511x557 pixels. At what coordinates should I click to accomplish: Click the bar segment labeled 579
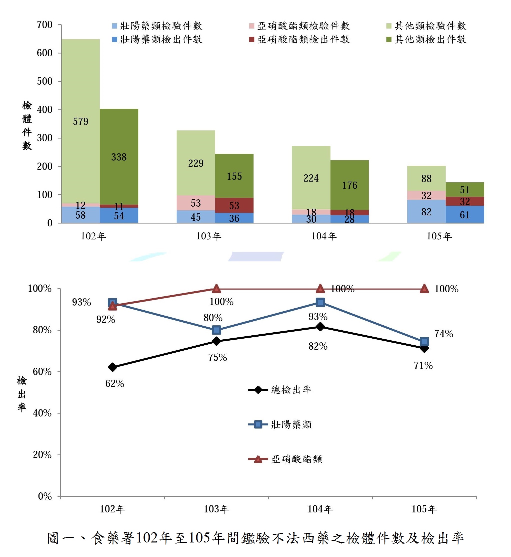coord(80,121)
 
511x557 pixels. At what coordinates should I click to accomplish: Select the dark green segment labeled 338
coord(119,157)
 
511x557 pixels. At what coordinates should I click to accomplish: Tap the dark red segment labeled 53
coord(234,205)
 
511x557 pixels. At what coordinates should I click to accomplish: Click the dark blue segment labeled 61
coord(464,215)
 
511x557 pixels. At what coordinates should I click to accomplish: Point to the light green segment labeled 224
coord(311,178)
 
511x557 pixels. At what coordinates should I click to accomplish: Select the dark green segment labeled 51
coord(464,190)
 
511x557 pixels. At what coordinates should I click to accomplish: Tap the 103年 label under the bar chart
coord(208,236)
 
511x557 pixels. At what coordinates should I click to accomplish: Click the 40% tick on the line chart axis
coord(42,413)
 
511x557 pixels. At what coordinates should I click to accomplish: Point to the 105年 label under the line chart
coord(424,509)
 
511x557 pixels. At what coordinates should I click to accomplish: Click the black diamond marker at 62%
coord(112,367)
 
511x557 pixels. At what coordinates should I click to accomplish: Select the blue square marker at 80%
coord(216,330)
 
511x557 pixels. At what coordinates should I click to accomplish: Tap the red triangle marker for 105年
coord(424,289)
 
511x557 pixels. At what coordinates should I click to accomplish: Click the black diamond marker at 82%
coord(320,327)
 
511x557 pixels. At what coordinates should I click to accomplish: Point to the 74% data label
coord(443,334)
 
